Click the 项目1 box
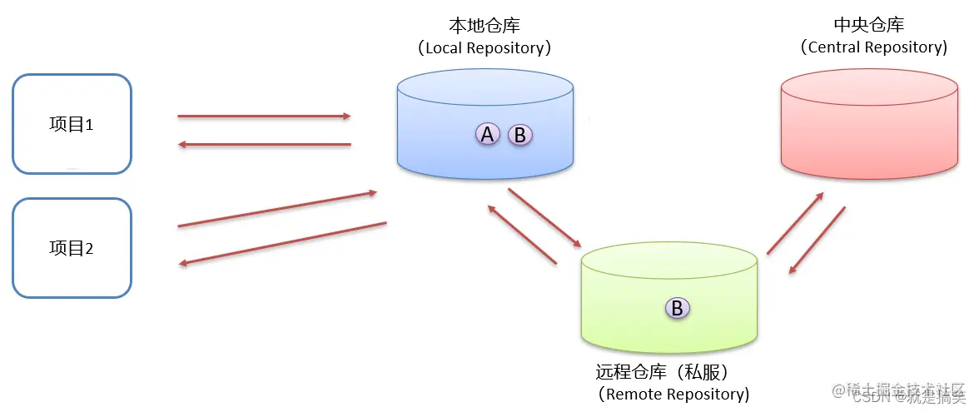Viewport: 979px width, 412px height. tap(72, 125)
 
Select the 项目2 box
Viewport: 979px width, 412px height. tap(72, 248)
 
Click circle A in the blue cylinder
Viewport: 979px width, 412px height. tap(487, 133)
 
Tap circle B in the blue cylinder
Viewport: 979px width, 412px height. tap(519, 135)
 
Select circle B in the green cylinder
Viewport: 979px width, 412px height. tap(677, 308)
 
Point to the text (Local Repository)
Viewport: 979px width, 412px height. tap(485, 47)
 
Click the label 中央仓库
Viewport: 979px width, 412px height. tap(868, 26)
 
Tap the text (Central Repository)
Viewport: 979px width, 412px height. tap(873, 47)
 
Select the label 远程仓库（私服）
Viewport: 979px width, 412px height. tap(668, 371)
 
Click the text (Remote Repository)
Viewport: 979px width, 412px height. tap(673, 393)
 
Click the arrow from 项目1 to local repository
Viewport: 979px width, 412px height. tap(264, 117)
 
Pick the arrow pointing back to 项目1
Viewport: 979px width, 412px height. tap(264, 145)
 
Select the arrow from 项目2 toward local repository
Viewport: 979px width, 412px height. tap(277, 209)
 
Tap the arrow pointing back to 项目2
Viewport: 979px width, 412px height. tap(283, 243)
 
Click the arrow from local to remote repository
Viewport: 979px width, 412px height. tap(544, 218)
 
